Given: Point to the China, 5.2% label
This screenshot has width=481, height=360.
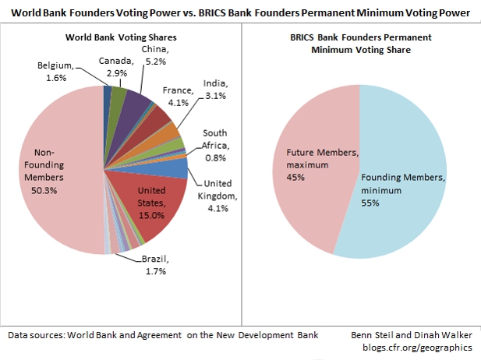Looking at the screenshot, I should point(154,55).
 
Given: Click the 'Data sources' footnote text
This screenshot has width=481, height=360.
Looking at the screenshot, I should point(164,335).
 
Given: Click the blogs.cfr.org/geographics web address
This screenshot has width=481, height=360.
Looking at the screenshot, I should point(420,349).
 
